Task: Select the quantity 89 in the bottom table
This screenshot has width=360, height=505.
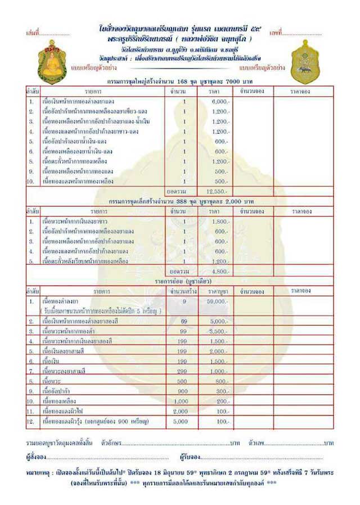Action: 182,321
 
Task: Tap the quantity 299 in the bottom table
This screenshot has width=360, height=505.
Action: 182,372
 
